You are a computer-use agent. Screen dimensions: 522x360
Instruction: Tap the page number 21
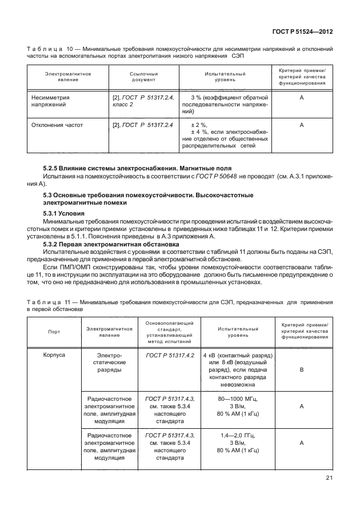(329, 478)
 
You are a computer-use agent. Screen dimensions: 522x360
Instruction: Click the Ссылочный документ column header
(143, 77)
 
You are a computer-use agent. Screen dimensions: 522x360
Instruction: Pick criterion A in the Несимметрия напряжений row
(301, 98)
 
